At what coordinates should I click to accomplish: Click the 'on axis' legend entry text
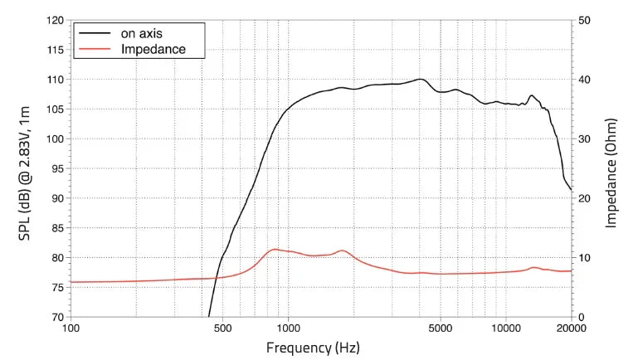(142, 34)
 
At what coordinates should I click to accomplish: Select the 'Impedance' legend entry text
(153, 50)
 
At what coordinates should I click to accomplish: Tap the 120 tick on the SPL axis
(55, 20)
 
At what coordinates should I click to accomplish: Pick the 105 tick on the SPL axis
(55, 109)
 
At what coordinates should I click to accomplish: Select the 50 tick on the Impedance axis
(584, 20)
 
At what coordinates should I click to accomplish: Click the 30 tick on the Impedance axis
(584, 139)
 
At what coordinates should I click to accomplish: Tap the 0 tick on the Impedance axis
(581, 317)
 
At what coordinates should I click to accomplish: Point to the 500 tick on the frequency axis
(222, 329)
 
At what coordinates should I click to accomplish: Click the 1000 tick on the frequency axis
(288, 329)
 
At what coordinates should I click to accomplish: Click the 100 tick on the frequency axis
(71, 329)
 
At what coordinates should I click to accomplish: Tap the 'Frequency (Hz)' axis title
(313, 348)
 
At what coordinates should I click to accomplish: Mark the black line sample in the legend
(95, 34)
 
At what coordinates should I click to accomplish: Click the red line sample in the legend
(95, 50)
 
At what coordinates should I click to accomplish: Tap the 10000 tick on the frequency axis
(504, 329)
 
